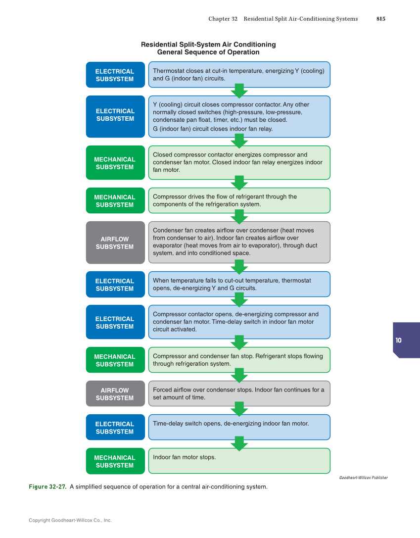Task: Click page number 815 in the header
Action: pyautogui.click(x=380, y=19)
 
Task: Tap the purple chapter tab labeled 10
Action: pyautogui.click(x=406, y=340)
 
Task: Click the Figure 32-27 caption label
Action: pyautogui.click(x=47, y=487)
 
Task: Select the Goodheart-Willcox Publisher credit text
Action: pyautogui.click(x=363, y=478)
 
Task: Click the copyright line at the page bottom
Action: pyautogui.click(x=70, y=520)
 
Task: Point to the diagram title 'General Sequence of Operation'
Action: pyautogui.click(x=208, y=52)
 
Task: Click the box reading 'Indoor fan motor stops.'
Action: pyautogui.click(x=239, y=461)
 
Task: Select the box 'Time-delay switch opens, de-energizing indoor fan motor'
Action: pyautogui.click(x=239, y=427)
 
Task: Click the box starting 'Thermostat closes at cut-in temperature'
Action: pyautogui.click(x=239, y=74)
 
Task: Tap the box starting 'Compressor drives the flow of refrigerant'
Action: pyautogui.click(x=239, y=200)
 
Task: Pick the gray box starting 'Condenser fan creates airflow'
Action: pyautogui.click(x=239, y=242)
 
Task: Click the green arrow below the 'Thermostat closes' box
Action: pyautogui.click(x=239, y=91)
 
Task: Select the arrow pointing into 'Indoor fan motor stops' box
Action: pyautogui.click(x=239, y=443)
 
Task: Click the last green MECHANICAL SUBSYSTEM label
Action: pyautogui.click(x=115, y=461)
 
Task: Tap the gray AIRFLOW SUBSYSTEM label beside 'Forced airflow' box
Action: pyautogui.click(x=115, y=394)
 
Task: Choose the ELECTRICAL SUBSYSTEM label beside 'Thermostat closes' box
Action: pyautogui.click(x=115, y=75)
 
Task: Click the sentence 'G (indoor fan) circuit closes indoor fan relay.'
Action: pyautogui.click(x=213, y=129)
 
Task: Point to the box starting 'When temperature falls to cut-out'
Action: pyautogui.click(x=239, y=284)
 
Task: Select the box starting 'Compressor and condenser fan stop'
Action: pyautogui.click(x=239, y=360)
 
